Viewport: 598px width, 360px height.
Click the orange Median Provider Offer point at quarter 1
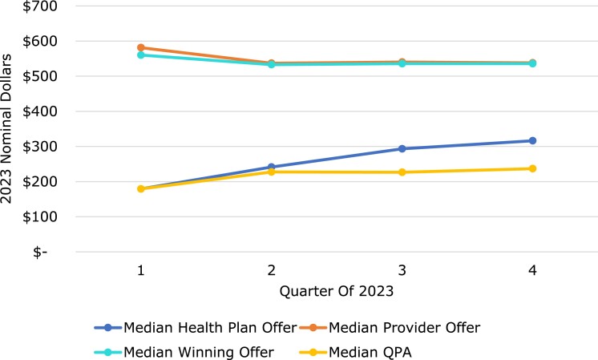click(141, 47)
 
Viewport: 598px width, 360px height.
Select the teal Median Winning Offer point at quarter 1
click(141, 55)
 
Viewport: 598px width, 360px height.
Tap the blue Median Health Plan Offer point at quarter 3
click(402, 148)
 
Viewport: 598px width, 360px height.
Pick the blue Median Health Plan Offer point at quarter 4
click(532, 141)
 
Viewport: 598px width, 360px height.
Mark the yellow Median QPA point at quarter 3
click(402, 172)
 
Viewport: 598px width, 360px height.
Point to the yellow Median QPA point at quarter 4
click(532, 168)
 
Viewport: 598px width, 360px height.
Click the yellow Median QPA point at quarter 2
click(271, 172)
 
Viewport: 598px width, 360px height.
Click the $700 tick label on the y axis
click(40, 6)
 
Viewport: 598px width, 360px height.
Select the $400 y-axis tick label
click(40, 111)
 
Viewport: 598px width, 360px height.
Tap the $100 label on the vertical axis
click(40, 216)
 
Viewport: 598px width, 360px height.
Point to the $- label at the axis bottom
click(40, 252)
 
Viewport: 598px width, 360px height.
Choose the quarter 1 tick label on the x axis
click(141, 270)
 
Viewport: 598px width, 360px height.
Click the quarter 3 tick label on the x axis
click(402, 270)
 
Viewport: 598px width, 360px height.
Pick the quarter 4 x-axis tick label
click(532, 270)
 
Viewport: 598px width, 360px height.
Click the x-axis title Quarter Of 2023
click(337, 291)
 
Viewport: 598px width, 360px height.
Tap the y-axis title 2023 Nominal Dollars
click(6, 128)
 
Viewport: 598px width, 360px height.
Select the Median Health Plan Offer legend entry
click(196, 328)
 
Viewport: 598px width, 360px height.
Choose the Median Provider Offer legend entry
click(390, 328)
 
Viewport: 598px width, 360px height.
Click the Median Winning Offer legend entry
click(184, 352)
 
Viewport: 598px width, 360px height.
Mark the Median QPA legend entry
click(355, 352)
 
